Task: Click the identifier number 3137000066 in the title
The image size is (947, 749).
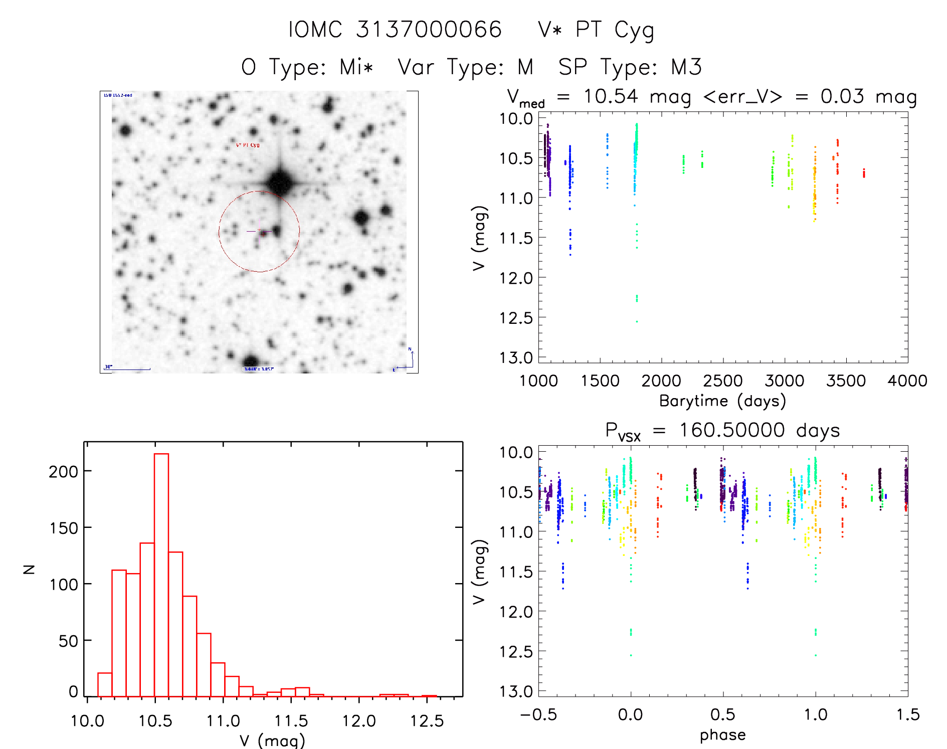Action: click(429, 29)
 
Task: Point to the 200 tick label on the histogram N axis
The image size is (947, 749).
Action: click(64, 471)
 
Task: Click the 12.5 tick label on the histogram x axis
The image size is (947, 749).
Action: click(427, 721)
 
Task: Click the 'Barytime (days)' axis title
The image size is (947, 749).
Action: click(722, 401)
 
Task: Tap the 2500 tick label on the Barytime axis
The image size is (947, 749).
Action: click(722, 381)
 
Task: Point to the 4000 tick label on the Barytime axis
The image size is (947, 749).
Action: click(907, 381)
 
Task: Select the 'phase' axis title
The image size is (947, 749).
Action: click(722, 735)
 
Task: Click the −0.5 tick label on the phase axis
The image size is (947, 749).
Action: click(538, 715)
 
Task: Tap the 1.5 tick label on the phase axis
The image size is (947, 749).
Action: click(908, 715)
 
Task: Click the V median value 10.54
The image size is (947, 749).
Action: click(611, 96)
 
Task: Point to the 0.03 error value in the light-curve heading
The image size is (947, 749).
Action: click(842, 96)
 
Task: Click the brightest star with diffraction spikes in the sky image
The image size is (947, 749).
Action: click(280, 181)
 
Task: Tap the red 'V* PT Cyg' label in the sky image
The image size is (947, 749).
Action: click(248, 145)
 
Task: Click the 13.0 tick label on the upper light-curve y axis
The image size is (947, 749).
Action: click(516, 358)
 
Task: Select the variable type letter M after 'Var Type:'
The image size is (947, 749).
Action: click(525, 67)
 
